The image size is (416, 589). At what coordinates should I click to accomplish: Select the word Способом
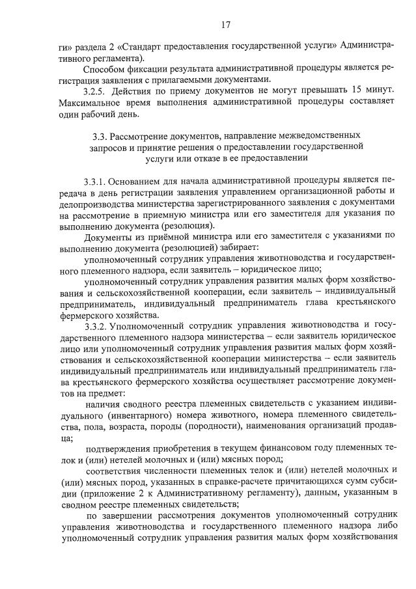point(104,70)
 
